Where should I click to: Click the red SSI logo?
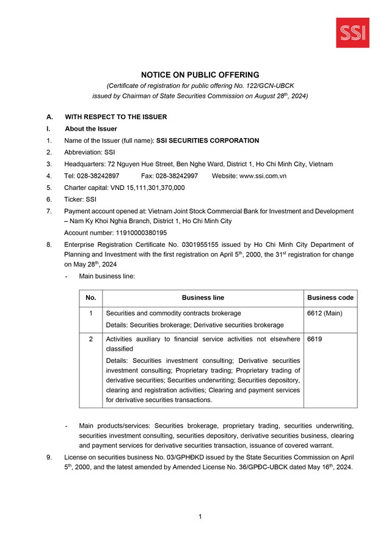(x=353, y=33)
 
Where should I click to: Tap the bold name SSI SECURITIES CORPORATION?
(x=208, y=141)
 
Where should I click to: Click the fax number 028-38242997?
(x=177, y=176)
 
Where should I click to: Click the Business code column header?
(x=330, y=298)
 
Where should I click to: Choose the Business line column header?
(x=203, y=298)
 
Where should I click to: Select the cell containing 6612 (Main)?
(x=324, y=313)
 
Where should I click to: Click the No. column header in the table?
(x=91, y=298)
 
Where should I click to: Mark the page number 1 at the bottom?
(x=200, y=517)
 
